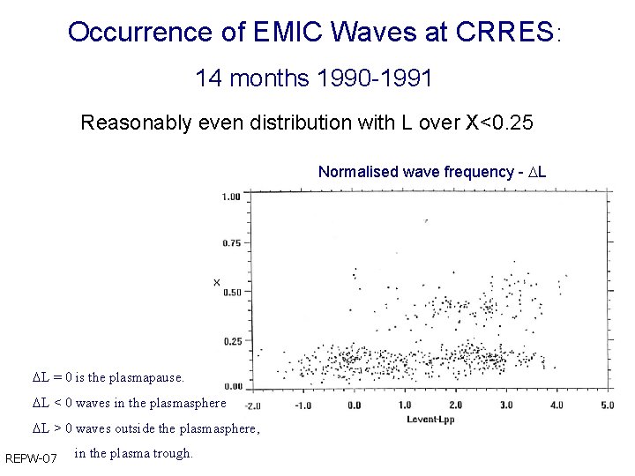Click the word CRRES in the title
[505, 33]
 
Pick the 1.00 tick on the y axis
[231, 197]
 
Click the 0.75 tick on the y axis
[231, 243]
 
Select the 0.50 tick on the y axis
[231, 292]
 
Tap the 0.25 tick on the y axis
[231, 340]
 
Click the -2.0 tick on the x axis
[251, 405]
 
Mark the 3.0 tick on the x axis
[506, 405]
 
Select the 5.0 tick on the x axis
[607, 405]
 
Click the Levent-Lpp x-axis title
[430, 419]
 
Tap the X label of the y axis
[216, 282]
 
